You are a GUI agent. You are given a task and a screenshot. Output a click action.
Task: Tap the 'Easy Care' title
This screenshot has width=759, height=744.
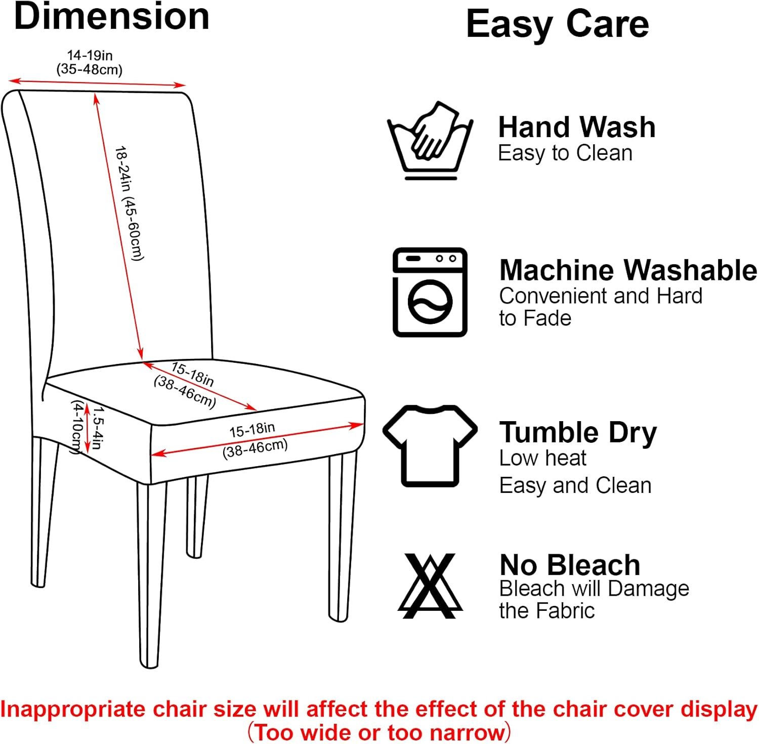tap(557, 24)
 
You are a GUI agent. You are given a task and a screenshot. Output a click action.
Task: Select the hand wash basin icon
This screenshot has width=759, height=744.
tap(430, 141)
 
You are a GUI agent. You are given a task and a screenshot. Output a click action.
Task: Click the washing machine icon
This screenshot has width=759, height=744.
tap(430, 292)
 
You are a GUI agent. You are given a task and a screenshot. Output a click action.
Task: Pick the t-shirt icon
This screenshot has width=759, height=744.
tap(430, 445)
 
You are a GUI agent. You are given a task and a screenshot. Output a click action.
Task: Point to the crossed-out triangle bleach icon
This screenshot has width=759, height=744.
tap(430, 586)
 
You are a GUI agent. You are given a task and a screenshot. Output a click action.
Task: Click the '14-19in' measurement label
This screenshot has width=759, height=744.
tap(90, 55)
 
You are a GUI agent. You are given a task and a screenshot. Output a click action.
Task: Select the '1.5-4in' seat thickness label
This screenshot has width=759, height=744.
tap(97, 428)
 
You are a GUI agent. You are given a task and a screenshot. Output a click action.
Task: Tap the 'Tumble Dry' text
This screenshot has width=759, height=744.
tap(578, 433)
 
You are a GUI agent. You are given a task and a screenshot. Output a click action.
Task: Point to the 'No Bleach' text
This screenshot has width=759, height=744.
tap(570, 565)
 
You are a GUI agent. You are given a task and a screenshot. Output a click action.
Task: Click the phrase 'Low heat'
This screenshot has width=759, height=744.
tap(542, 458)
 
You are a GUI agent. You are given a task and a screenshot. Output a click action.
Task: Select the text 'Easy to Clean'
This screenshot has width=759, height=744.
tap(565, 153)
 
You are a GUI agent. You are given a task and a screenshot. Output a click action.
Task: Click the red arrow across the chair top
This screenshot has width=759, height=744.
tap(97, 82)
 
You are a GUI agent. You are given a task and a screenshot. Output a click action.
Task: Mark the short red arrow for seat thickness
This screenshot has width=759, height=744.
tap(87, 428)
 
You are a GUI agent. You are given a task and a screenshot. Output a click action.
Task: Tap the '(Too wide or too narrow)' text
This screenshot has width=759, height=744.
tap(379, 732)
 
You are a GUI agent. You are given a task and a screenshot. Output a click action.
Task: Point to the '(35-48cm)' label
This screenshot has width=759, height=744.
tap(90, 69)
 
